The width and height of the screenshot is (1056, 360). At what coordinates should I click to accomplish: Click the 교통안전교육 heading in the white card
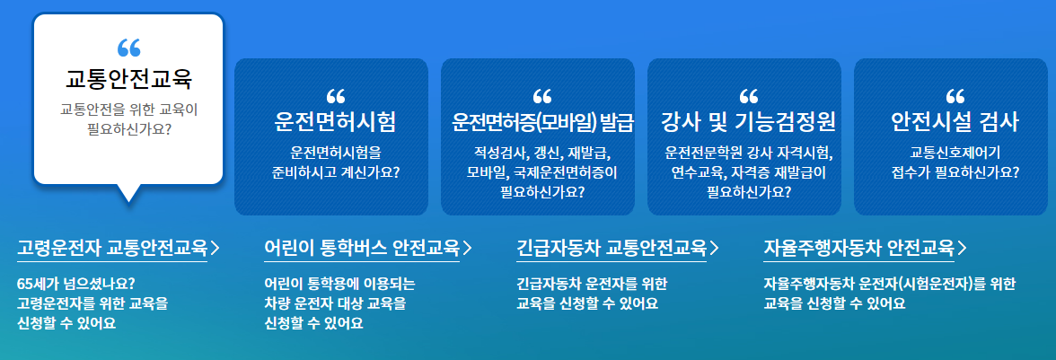pos(128,79)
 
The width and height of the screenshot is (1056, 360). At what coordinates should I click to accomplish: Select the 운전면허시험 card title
pos(335,121)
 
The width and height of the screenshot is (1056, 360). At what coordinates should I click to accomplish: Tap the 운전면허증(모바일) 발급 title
pos(543,121)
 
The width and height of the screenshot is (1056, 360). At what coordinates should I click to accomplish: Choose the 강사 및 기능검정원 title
pos(749,121)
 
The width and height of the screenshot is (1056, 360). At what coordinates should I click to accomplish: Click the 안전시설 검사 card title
pos(955,121)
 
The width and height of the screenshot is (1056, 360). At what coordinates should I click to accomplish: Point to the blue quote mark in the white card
pos(128,48)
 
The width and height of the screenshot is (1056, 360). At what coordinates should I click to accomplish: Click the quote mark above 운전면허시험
pos(336,95)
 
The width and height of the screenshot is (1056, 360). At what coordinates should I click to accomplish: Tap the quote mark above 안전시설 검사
pos(955,95)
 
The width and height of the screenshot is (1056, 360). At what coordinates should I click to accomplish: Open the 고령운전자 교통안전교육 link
pos(112,247)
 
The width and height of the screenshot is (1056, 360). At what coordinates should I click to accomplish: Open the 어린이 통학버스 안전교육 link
pos(362,247)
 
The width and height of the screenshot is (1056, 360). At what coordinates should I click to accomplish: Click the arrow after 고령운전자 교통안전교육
pos(216,247)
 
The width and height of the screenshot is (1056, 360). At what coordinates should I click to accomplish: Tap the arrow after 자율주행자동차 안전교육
pos(963,247)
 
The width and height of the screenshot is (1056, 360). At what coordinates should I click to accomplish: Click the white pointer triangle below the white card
pos(128,191)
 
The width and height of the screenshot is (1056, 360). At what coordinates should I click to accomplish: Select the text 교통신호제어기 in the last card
pos(955,152)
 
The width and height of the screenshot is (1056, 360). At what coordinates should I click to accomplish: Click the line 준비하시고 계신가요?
pos(335,171)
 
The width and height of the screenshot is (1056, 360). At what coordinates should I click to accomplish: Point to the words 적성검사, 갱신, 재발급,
pos(543,152)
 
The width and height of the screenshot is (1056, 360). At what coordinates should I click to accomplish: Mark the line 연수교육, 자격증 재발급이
pos(749,171)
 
